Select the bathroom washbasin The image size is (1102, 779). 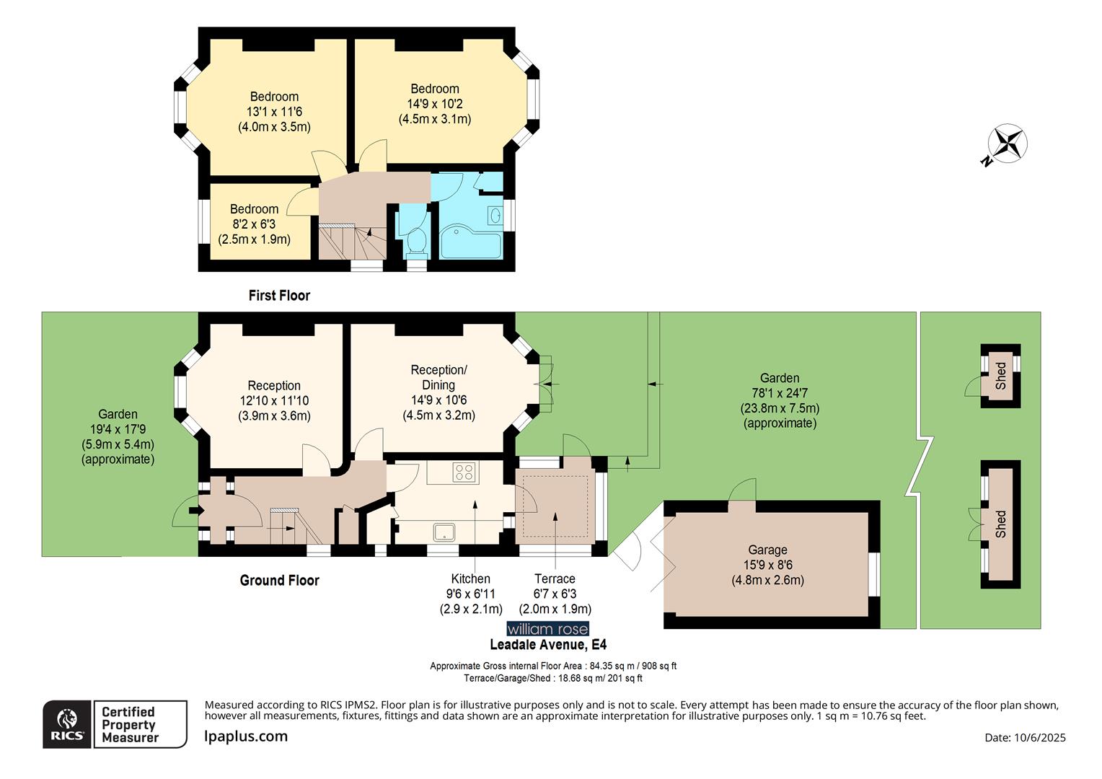pyautogui.click(x=495, y=215)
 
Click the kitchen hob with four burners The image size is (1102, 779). pyautogui.click(x=464, y=472)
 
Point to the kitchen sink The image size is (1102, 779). pyautogui.click(x=444, y=532)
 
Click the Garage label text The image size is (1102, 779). pyautogui.click(x=767, y=550)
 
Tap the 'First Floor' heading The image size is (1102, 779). pyautogui.click(x=279, y=295)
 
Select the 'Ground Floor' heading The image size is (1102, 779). pyautogui.click(x=279, y=580)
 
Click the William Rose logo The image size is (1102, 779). pyautogui.click(x=547, y=629)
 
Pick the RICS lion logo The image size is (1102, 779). pyautogui.click(x=67, y=723)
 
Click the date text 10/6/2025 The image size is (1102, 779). pyautogui.click(x=1025, y=737)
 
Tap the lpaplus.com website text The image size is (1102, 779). pyautogui.click(x=246, y=736)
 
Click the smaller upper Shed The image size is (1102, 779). pyautogui.click(x=1000, y=376)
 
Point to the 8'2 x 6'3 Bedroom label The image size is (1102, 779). pyautogui.click(x=254, y=224)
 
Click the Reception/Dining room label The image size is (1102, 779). pyautogui.click(x=438, y=377)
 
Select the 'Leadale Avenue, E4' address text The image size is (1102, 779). pyautogui.click(x=547, y=645)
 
